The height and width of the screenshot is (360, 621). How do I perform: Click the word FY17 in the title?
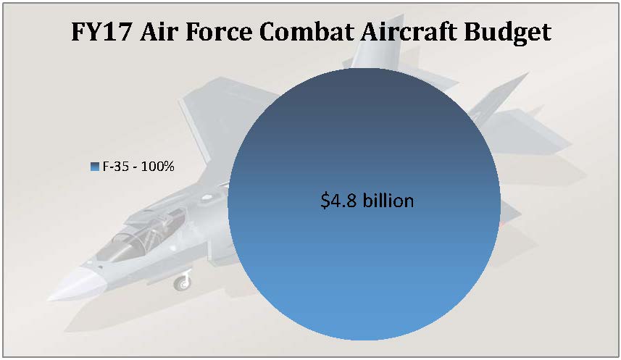coord(101,32)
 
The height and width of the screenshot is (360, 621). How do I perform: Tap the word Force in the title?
coord(219,32)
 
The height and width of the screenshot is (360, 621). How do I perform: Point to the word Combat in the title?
coord(306,32)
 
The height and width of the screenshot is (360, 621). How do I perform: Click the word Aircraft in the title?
coord(409,32)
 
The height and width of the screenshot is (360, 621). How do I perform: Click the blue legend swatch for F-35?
coord(95,167)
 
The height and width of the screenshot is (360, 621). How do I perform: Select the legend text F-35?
coord(116,167)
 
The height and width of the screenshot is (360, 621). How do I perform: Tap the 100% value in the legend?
coord(158,167)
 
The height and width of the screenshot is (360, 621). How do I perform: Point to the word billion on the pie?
coord(389,201)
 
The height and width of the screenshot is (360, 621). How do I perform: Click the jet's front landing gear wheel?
coord(182,283)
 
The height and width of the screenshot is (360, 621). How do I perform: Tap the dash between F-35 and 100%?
coord(135,167)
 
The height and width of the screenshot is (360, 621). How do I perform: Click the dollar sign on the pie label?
coord(325,201)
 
